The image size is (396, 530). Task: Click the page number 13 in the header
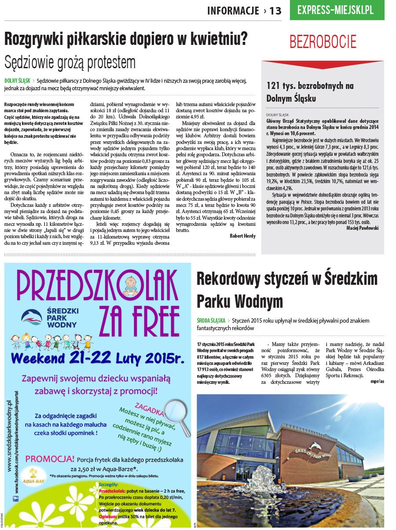(275, 11)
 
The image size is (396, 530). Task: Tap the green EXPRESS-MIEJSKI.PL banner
(336, 10)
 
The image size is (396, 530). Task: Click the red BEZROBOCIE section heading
(323, 42)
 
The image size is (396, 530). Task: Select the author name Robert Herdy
(242, 236)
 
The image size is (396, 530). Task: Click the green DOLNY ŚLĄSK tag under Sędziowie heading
(18, 81)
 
